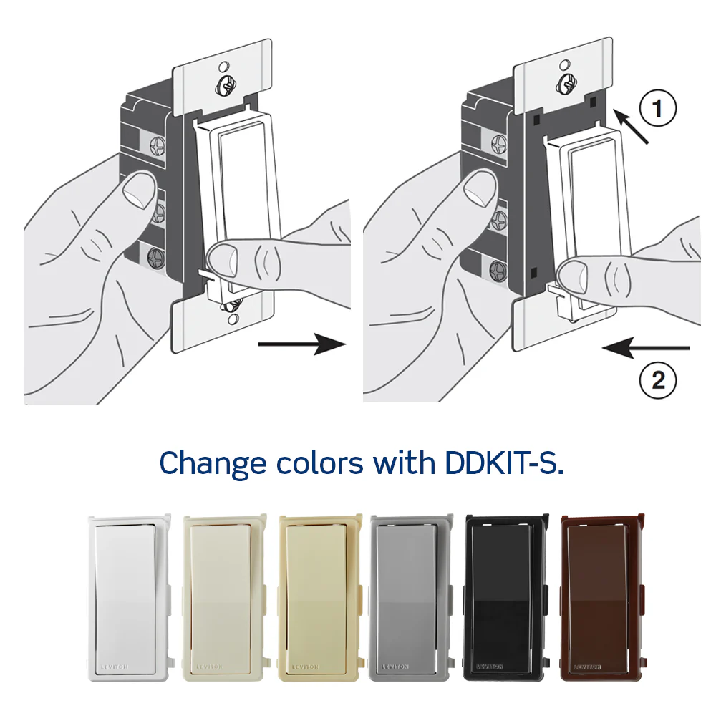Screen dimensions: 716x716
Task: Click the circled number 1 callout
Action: pos(657,109)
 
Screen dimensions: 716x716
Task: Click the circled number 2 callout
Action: pos(657,380)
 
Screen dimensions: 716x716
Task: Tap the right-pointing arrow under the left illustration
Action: pos(301,344)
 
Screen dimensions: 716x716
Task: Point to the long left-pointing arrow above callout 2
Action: pos(646,348)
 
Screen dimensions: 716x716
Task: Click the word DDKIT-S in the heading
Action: pos(503,463)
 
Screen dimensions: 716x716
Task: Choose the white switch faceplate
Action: pos(130,598)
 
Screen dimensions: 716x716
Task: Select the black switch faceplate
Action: pos(506,598)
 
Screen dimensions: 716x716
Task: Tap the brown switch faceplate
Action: pos(602,598)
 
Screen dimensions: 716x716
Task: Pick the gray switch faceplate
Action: pos(412,598)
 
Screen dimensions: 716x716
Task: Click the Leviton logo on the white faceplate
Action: pos(114,667)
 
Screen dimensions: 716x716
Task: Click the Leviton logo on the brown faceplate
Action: pos(587,667)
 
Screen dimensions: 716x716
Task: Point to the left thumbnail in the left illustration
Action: pos(139,191)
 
